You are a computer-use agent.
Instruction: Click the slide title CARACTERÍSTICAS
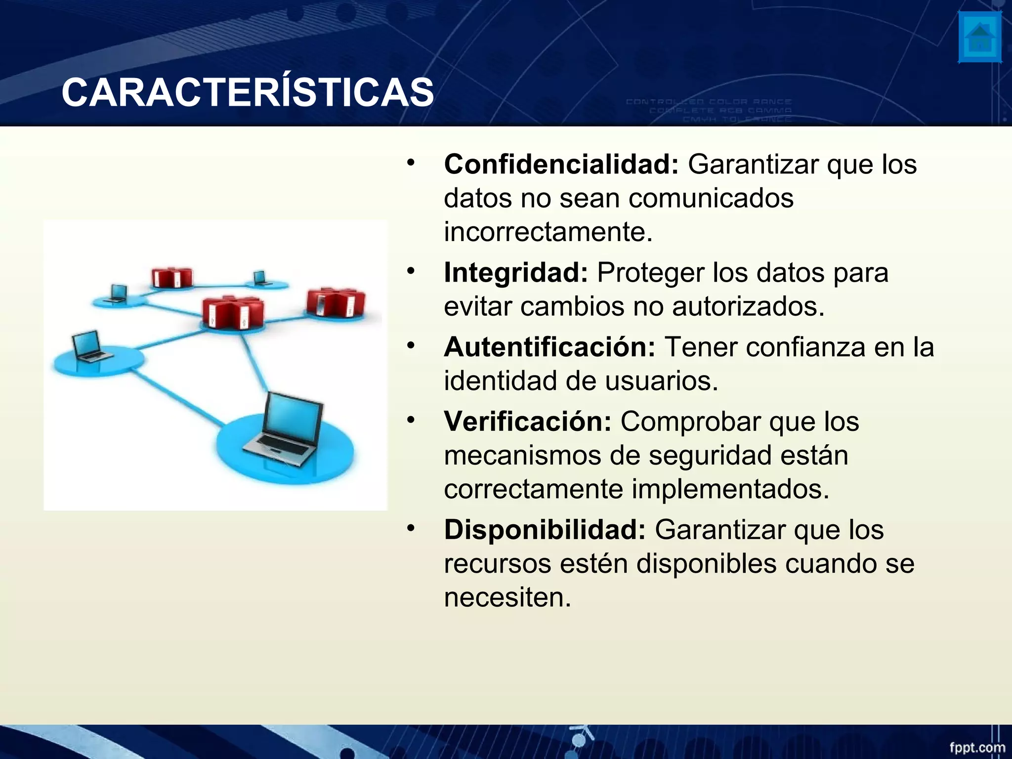248,93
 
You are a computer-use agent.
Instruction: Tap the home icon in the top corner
980,38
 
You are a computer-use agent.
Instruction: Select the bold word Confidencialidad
561,164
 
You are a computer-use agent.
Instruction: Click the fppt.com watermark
977,747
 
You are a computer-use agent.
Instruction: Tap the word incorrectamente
548,232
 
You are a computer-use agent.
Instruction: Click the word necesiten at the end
507,597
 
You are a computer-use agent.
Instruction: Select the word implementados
730,489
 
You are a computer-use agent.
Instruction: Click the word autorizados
748,306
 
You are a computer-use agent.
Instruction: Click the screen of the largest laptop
292,415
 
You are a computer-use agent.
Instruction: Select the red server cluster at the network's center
233,312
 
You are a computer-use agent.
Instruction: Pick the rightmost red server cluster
336,301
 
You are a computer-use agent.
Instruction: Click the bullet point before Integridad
411,271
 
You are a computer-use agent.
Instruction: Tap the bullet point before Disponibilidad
411,528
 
